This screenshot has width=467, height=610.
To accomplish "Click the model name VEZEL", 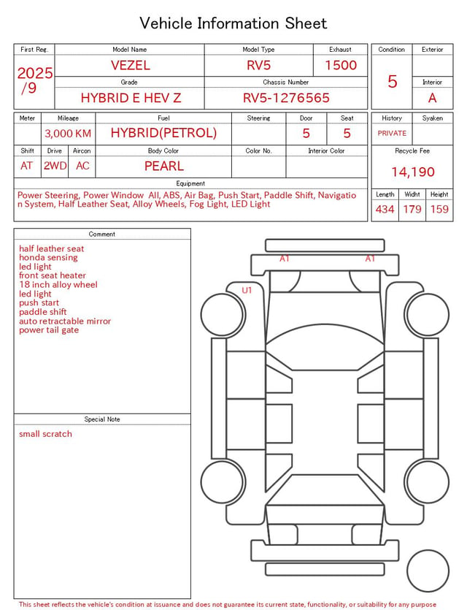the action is click(x=130, y=65).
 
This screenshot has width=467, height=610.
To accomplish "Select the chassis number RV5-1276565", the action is click(x=286, y=98).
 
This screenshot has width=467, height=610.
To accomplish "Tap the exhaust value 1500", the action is click(x=341, y=65).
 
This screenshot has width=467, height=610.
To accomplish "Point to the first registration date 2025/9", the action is click(x=34, y=80).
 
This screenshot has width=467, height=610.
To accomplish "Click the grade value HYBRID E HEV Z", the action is click(x=131, y=98).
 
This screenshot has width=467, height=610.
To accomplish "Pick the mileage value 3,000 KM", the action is click(x=68, y=134).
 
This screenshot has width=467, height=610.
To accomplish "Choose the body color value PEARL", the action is click(x=164, y=166).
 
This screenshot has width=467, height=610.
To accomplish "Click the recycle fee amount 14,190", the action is click(x=412, y=172).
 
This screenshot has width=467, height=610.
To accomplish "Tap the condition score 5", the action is click(x=393, y=81).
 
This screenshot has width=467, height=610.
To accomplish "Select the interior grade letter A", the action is click(x=433, y=98).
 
